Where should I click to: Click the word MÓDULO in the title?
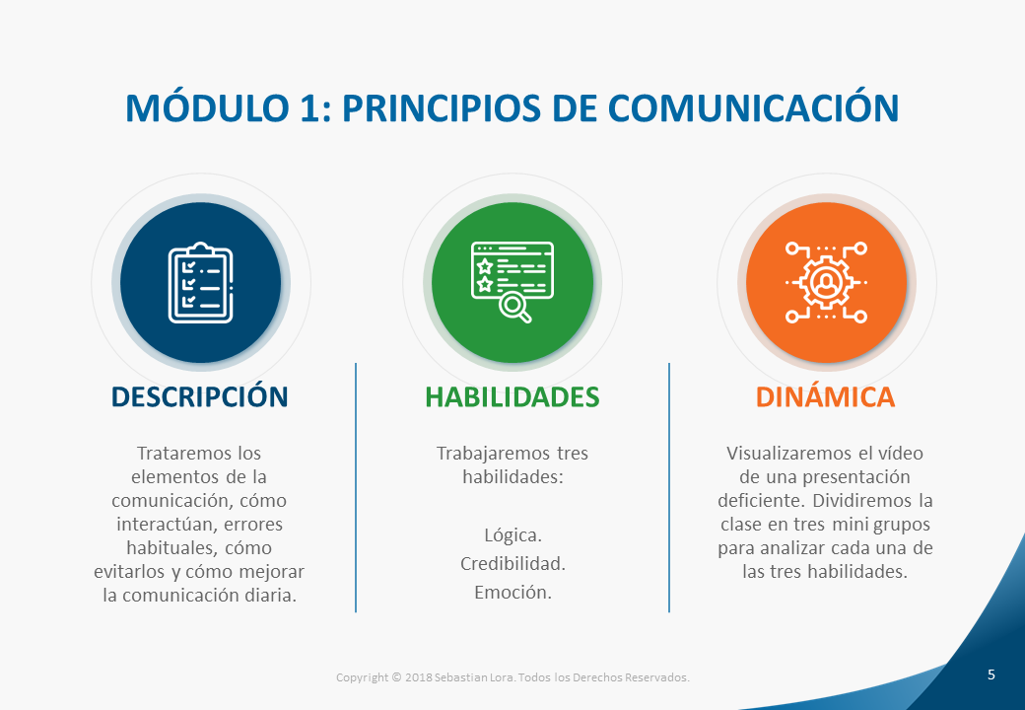[x=207, y=106]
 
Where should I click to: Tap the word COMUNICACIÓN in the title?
[x=753, y=106]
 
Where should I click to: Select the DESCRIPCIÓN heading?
[x=199, y=396]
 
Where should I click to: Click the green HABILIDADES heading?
[x=512, y=396]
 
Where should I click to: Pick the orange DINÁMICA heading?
[x=825, y=396]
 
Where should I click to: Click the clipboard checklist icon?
[x=201, y=282]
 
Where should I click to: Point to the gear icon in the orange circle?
[x=826, y=282]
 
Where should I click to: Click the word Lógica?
[x=513, y=535]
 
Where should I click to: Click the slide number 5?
[x=991, y=674]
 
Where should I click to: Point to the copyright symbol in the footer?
[x=396, y=677]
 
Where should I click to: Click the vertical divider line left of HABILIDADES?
[x=356, y=488]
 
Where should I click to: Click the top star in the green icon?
[x=484, y=265]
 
